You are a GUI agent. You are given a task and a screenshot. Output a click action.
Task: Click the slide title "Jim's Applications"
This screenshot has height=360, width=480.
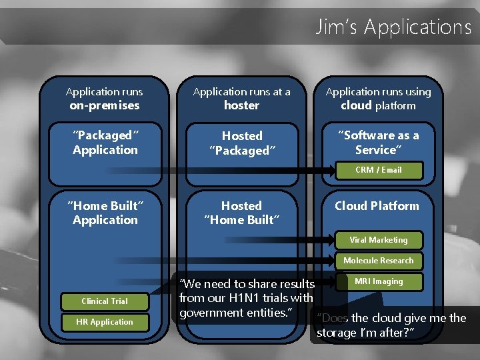click(x=393, y=27)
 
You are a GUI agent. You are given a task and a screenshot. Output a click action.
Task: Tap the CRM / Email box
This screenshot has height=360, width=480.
click(x=378, y=170)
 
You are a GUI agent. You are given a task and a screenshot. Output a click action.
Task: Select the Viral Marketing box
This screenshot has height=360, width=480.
click(x=378, y=240)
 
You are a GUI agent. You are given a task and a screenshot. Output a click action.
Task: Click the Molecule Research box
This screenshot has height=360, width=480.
click(x=378, y=261)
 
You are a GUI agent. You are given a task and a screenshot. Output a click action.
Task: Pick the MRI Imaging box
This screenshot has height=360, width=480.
click(x=378, y=281)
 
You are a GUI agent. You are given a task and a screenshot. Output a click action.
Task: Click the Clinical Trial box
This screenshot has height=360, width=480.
click(x=105, y=301)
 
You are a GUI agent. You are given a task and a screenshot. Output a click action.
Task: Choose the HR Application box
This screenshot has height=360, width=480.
click(x=105, y=322)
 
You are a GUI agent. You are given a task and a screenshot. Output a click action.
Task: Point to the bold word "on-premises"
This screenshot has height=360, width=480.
click(x=105, y=105)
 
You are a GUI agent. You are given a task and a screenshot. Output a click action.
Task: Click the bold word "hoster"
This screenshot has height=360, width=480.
click(x=241, y=105)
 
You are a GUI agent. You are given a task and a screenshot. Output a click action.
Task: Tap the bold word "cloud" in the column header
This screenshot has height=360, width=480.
click(x=356, y=105)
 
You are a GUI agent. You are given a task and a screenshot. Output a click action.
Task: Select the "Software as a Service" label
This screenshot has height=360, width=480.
click(x=378, y=143)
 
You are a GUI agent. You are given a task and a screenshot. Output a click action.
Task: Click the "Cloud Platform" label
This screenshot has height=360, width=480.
click(x=377, y=206)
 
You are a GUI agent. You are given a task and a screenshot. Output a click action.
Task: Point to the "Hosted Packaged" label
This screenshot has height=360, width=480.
click(x=241, y=143)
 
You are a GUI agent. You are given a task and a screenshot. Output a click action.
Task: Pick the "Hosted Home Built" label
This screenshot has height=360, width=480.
click(x=241, y=213)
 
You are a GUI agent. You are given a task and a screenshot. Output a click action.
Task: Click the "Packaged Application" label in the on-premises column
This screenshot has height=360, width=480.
click(x=105, y=143)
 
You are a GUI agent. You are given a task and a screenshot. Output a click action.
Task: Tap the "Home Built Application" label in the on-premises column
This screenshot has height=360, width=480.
click(x=105, y=213)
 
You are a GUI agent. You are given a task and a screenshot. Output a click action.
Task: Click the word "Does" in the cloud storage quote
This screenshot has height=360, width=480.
click(x=333, y=318)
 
